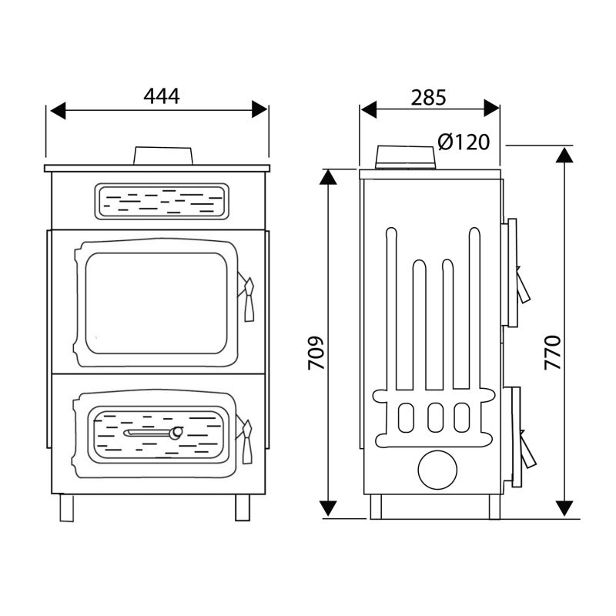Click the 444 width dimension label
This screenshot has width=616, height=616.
click(162, 95)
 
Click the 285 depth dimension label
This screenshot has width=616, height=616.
click(429, 98)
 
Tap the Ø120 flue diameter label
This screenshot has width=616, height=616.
click(464, 142)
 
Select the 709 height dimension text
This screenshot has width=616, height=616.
click(316, 353)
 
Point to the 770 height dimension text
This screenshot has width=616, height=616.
click(553, 353)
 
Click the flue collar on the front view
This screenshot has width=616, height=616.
click(163, 156)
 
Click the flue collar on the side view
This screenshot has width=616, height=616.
click(406, 157)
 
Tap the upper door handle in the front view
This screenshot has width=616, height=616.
click(249, 299)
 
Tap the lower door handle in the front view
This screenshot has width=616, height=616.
click(247, 441)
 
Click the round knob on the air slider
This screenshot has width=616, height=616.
click(176, 432)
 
